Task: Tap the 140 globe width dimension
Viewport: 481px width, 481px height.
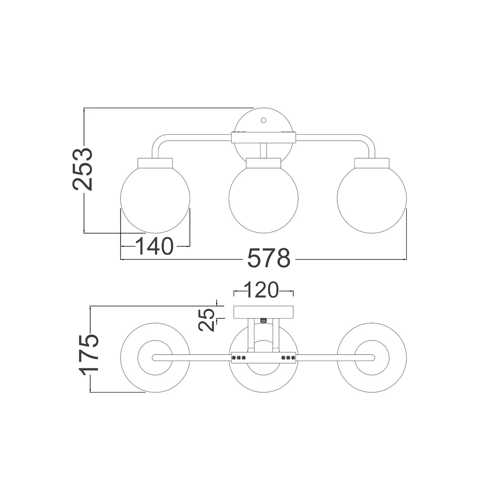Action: point(154,246)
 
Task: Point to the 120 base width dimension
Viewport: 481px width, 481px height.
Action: point(261,290)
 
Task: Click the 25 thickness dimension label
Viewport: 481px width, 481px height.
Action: point(206,320)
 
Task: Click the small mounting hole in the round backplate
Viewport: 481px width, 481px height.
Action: point(263,120)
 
